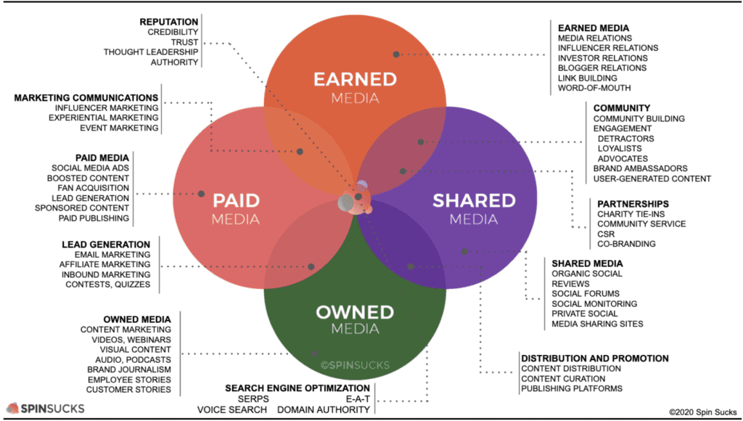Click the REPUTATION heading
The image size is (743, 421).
(168, 22)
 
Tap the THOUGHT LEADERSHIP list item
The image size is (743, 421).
(151, 52)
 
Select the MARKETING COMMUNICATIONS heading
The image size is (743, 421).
(86, 98)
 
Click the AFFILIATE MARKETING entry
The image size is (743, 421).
(104, 264)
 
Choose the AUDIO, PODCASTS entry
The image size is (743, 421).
(134, 360)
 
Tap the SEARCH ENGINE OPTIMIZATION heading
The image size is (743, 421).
(297, 388)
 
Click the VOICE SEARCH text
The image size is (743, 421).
(232, 409)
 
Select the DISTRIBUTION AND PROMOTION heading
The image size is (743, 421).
(595, 359)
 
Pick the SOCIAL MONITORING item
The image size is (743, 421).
(594, 304)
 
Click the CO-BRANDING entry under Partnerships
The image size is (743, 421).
(626, 244)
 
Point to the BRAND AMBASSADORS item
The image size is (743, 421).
(640, 168)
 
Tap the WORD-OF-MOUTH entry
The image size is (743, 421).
(594, 88)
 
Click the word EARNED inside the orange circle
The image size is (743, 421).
(355, 79)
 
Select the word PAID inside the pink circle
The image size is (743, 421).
(236, 200)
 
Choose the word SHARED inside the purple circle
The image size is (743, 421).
(474, 200)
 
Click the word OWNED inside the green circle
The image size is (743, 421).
(355, 312)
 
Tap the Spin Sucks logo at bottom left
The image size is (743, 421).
(45, 408)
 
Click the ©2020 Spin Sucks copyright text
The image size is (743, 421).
(702, 412)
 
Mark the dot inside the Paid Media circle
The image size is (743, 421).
(202, 194)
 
